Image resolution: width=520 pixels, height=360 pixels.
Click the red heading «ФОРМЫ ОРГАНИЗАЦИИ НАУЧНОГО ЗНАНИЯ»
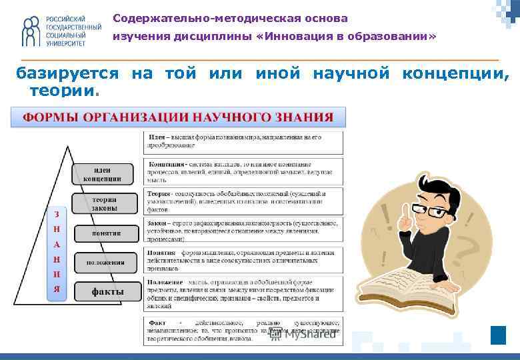pyautogui.click(x=178, y=117)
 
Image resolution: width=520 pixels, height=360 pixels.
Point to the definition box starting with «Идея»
pyautogui.click(x=243, y=141)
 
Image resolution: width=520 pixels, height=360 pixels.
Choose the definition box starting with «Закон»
pyautogui.click(x=243, y=230)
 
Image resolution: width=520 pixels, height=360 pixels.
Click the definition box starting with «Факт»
pyautogui.click(x=243, y=331)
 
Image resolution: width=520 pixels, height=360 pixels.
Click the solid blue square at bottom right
pyautogui.click(x=498, y=335)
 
